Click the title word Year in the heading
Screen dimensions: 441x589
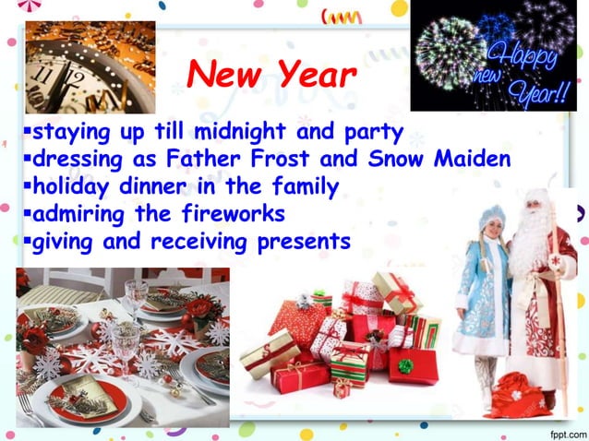point(314,77)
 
